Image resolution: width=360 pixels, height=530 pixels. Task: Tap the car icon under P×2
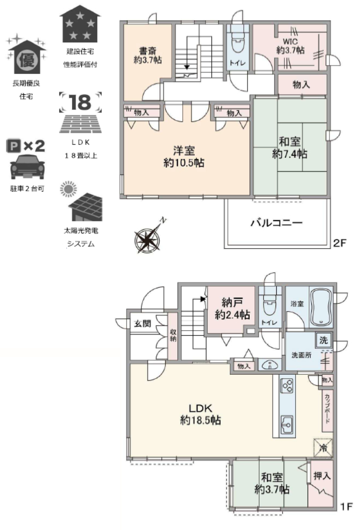pyautogui.click(x=27, y=166)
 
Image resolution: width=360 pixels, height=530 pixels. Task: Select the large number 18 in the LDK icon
pyautogui.click(x=80, y=101)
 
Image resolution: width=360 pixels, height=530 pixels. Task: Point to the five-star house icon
pyautogui.click(x=80, y=24)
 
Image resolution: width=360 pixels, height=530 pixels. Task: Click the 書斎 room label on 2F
pyautogui.click(x=148, y=56)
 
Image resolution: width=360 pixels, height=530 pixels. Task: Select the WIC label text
pyautogui.click(x=290, y=42)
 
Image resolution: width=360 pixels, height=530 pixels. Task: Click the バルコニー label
pyautogui.click(x=277, y=223)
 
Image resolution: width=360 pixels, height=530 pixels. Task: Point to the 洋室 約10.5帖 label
pyautogui.click(x=184, y=157)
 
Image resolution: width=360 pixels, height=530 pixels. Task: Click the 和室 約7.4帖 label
pyautogui.click(x=290, y=148)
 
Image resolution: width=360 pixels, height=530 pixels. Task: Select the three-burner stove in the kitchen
pyautogui.click(x=288, y=386)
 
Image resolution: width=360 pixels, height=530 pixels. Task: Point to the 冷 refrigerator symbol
pyautogui.click(x=323, y=448)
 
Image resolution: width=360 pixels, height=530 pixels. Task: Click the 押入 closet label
pyautogui.click(x=322, y=476)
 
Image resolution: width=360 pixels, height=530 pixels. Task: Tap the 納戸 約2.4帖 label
pyautogui.click(x=233, y=308)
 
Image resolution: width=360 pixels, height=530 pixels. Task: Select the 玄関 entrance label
pyautogui.click(x=142, y=323)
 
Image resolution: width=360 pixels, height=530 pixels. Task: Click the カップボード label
pyautogui.click(x=327, y=409)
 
